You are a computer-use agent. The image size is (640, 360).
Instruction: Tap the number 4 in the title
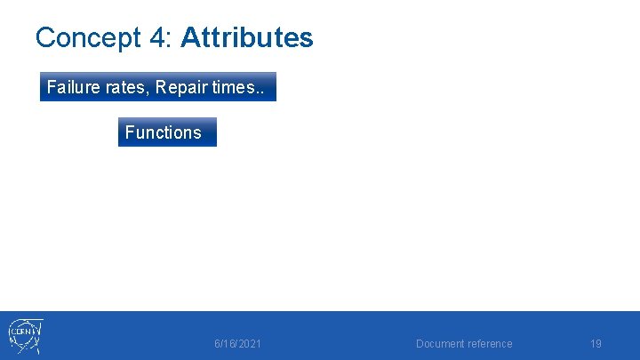pos(157,38)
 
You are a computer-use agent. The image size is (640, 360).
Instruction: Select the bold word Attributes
pos(246,38)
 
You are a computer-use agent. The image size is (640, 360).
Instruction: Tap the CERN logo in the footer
pos(25,336)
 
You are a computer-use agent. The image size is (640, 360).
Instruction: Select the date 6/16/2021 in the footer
pos(237,344)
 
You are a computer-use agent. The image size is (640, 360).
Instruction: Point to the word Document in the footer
pos(441,344)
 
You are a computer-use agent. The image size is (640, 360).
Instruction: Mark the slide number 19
pos(596,344)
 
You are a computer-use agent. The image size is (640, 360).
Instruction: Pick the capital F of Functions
pos(130,132)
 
